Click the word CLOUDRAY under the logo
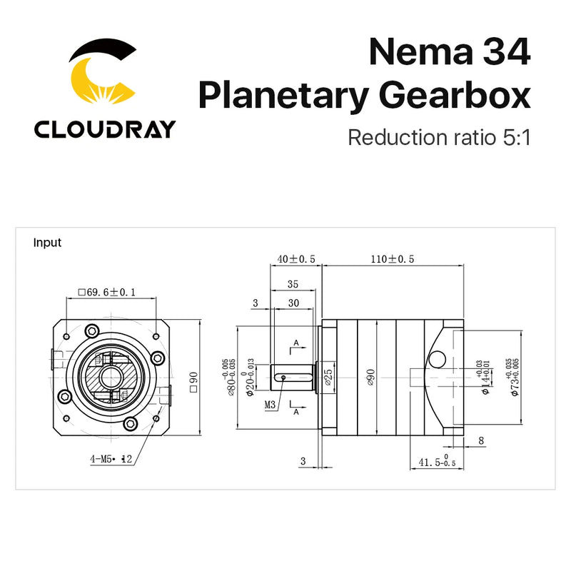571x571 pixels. pyautogui.click(x=104, y=129)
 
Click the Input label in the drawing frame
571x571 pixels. pyautogui.click(x=47, y=243)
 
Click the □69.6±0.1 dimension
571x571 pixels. pyautogui.click(x=106, y=292)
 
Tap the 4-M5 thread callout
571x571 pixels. pyautogui.click(x=111, y=460)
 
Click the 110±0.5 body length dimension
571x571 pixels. pyautogui.click(x=392, y=258)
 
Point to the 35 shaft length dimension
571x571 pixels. pyautogui.click(x=292, y=284)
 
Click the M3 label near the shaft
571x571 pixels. pyautogui.click(x=271, y=405)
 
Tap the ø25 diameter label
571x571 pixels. pyautogui.click(x=328, y=376)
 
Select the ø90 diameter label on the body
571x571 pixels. pyautogui.click(x=370, y=376)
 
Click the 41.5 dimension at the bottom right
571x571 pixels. pyautogui.click(x=428, y=463)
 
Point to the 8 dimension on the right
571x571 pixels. pyautogui.click(x=481, y=441)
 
